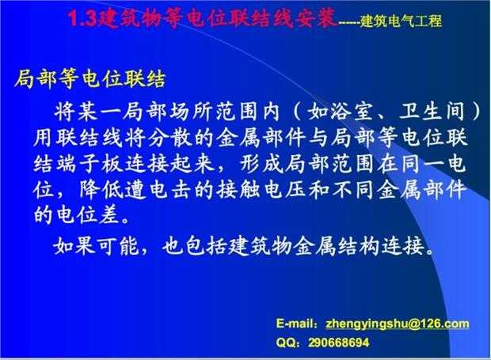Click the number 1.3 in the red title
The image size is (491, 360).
pyautogui.click(x=82, y=18)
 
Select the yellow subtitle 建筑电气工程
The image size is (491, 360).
pyautogui.click(x=402, y=21)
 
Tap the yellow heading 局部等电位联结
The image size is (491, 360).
pyautogui.click(x=89, y=79)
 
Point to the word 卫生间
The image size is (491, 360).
pyautogui.click(x=432, y=111)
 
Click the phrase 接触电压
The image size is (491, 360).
pyautogui.click(x=261, y=190)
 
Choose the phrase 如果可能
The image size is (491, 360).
pyautogui.click(x=96, y=246)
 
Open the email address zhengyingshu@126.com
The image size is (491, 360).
pyautogui.click(x=398, y=324)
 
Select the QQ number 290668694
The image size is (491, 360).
pyautogui.click(x=339, y=343)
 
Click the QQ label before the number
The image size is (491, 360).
pyautogui.click(x=285, y=343)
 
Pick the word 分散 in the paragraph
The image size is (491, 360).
pyautogui.click(x=169, y=138)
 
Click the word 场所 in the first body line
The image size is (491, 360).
pyautogui.click(x=192, y=111)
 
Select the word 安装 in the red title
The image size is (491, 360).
pyautogui.click(x=317, y=18)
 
